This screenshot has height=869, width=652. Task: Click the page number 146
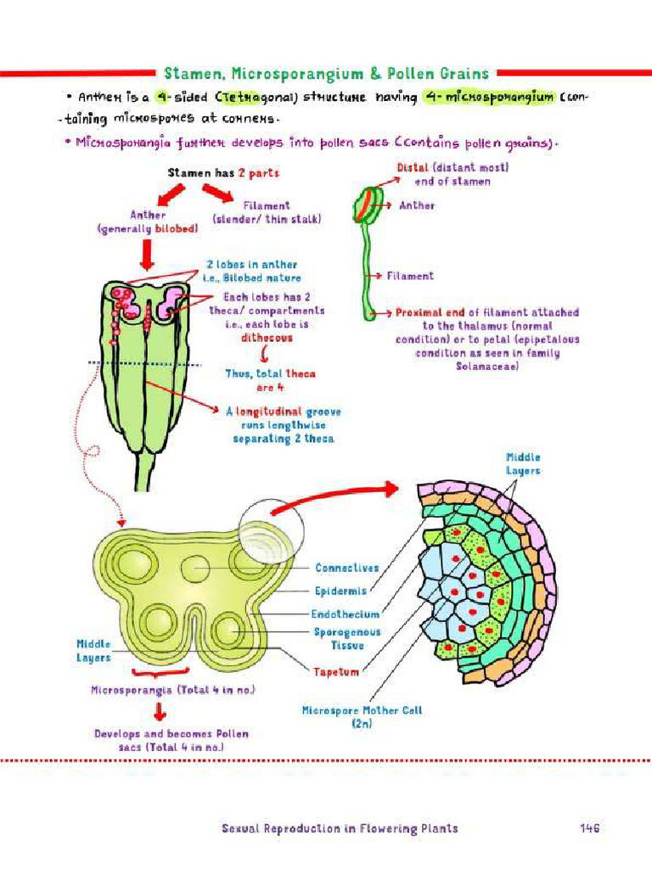(x=590, y=828)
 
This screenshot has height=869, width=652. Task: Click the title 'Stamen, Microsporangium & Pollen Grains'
(x=326, y=73)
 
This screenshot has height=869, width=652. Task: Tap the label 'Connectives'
(x=346, y=568)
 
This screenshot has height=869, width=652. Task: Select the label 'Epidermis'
(x=340, y=591)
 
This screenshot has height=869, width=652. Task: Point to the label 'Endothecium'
(x=346, y=614)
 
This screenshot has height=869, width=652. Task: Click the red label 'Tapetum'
(x=336, y=671)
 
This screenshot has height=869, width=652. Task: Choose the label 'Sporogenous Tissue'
(x=347, y=639)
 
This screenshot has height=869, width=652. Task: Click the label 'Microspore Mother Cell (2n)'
(x=362, y=717)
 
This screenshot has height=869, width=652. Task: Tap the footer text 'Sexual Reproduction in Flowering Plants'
(x=340, y=828)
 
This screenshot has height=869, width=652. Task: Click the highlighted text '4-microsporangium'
(x=489, y=98)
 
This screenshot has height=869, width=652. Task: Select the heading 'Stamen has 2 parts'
(x=223, y=173)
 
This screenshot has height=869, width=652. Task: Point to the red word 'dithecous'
(x=266, y=337)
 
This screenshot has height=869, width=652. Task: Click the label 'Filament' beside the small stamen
(x=410, y=276)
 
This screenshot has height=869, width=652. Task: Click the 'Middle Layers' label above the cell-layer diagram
(x=523, y=464)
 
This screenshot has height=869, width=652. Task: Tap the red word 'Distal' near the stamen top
(x=413, y=168)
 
